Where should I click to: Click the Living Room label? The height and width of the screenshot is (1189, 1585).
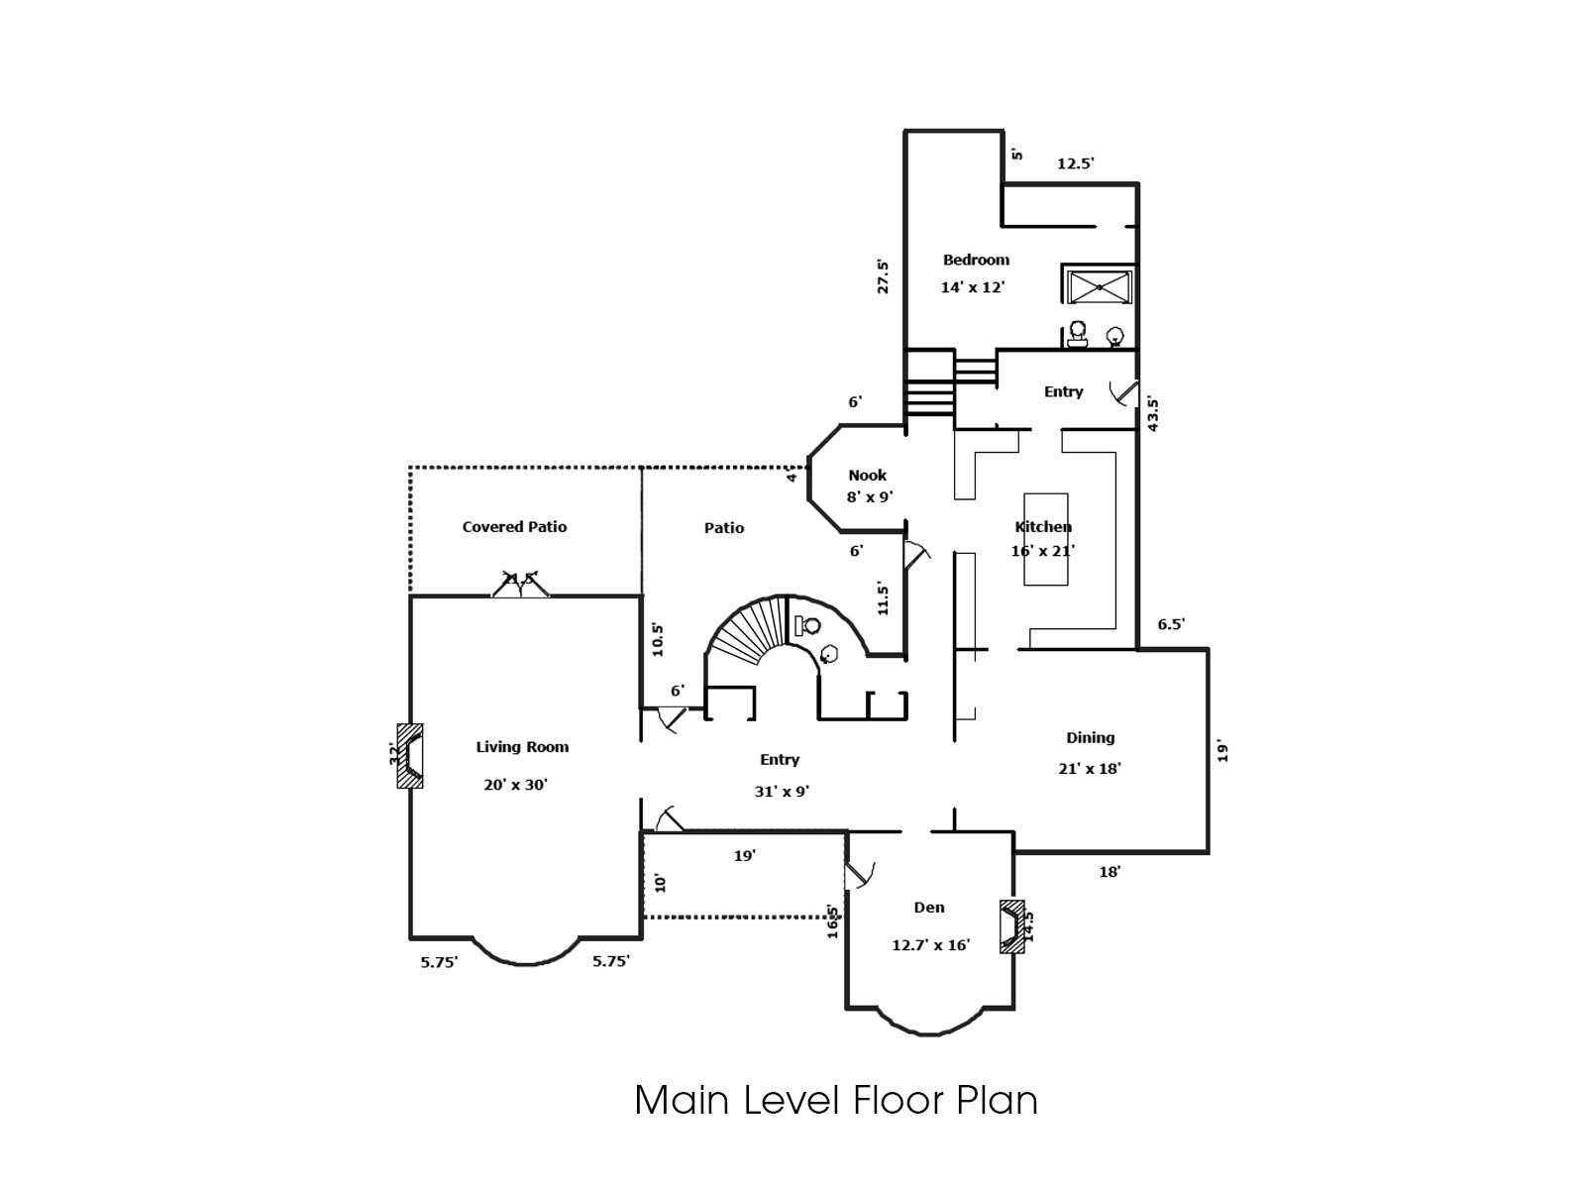[522, 747]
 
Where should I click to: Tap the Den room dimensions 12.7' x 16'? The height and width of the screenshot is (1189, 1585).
[930, 945]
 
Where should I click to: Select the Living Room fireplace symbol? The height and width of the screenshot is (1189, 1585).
[411, 756]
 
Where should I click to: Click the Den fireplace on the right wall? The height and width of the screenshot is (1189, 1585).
[1011, 926]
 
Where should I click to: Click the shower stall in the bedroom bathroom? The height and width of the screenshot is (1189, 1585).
[1099, 287]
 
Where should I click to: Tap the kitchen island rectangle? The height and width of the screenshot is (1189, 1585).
[1046, 540]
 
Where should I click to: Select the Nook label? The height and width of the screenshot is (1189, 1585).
[867, 476]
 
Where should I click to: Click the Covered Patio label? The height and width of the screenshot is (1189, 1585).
[514, 527]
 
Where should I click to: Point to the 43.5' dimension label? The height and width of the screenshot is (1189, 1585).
[1153, 414]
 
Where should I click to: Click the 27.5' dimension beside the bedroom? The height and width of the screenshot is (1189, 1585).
[883, 276]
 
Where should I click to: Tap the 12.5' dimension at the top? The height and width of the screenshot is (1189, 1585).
[1075, 163]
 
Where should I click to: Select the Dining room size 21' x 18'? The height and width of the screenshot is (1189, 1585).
[1090, 768]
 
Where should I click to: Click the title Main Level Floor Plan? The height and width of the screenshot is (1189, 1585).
[835, 1100]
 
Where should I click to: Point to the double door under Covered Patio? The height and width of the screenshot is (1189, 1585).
[521, 587]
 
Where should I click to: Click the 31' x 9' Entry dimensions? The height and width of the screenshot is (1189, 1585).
[781, 792]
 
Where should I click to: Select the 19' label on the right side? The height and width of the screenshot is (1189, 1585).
[1223, 752]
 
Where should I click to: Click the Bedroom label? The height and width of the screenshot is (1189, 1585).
[976, 260]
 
